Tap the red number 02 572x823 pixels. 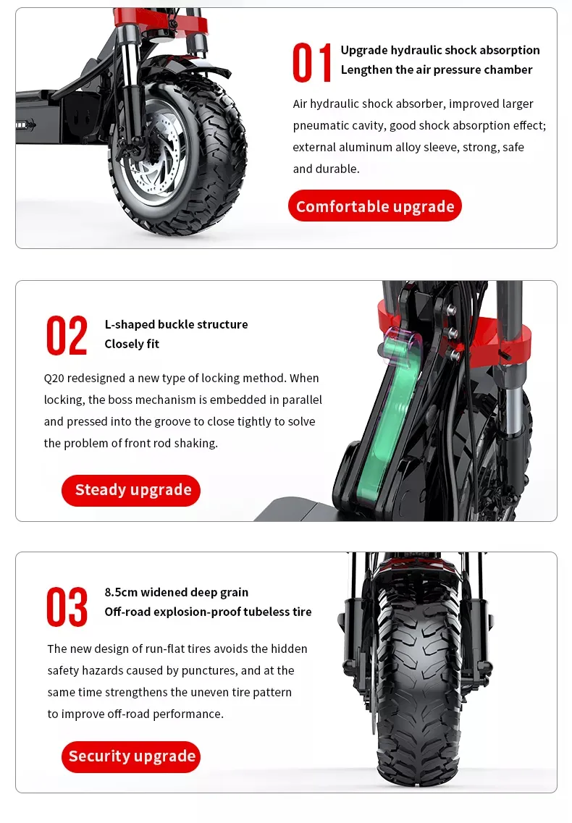coord(67,335)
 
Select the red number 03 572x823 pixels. coord(67,607)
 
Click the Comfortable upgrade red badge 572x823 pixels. coord(375,206)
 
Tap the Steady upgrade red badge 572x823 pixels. coord(132,490)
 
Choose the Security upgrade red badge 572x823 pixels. coord(132,756)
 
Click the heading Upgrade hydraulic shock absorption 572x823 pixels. coord(440,50)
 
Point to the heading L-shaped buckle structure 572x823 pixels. coord(176,324)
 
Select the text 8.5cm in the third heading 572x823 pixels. coord(121,592)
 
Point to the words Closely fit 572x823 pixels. coord(132,344)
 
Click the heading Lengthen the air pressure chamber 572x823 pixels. coord(437,69)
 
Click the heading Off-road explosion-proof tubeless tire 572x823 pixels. coord(208,612)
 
